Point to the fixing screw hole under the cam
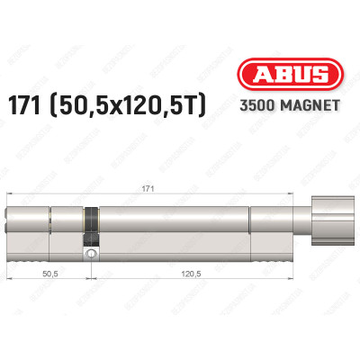click(90, 256)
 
